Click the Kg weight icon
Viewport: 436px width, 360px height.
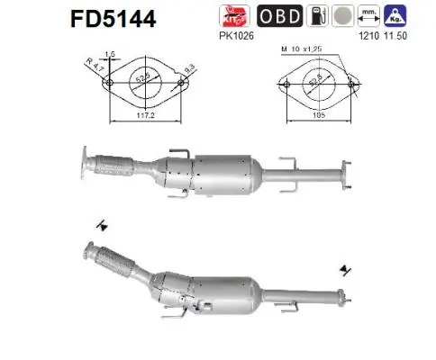[x=393, y=16]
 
